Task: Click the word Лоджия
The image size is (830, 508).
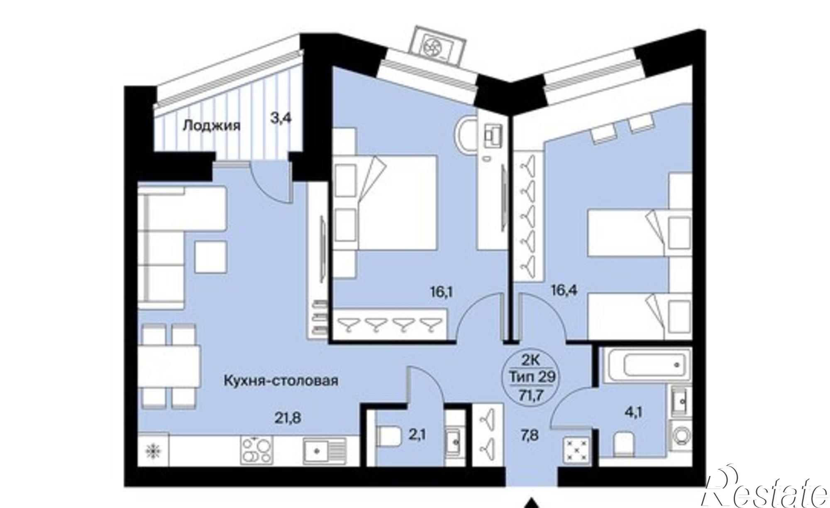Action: pos(211,125)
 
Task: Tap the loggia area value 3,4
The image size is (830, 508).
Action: pos(281,118)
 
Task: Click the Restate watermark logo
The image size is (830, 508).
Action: pos(768,488)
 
